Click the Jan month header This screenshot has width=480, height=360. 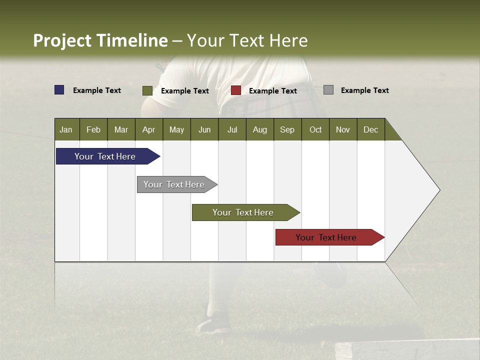66,129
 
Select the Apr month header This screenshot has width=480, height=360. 148,129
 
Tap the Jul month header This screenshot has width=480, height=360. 232,129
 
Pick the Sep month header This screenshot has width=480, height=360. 287,129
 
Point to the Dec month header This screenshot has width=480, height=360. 370,129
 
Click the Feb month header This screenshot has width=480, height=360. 93,129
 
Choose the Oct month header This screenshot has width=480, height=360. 315,129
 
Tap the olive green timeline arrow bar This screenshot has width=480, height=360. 243,212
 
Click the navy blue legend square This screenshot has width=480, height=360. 59,90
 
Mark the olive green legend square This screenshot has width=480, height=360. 147,90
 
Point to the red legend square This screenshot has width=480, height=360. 236,90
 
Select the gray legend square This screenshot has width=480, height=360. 328,90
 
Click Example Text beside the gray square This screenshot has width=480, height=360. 364,90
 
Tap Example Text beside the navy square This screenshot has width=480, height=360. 97,90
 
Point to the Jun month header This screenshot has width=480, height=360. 204,129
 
